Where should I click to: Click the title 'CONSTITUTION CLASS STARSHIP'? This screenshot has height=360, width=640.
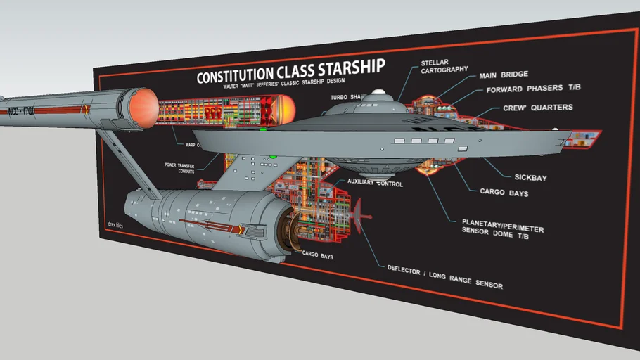click(x=290, y=72)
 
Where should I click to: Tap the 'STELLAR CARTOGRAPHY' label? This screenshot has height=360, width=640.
click(x=444, y=65)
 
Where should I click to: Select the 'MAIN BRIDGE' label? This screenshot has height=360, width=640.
click(x=503, y=75)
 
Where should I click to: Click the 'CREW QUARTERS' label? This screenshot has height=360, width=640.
click(x=537, y=108)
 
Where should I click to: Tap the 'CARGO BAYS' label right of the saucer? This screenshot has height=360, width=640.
click(x=504, y=192)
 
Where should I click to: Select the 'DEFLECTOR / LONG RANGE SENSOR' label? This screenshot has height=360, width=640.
click(x=444, y=276)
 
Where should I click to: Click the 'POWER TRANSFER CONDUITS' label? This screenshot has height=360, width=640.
click(x=181, y=167)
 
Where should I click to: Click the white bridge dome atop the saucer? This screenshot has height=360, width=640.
click(x=379, y=94)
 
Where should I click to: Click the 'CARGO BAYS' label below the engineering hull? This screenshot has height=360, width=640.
click(x=317, y=257)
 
